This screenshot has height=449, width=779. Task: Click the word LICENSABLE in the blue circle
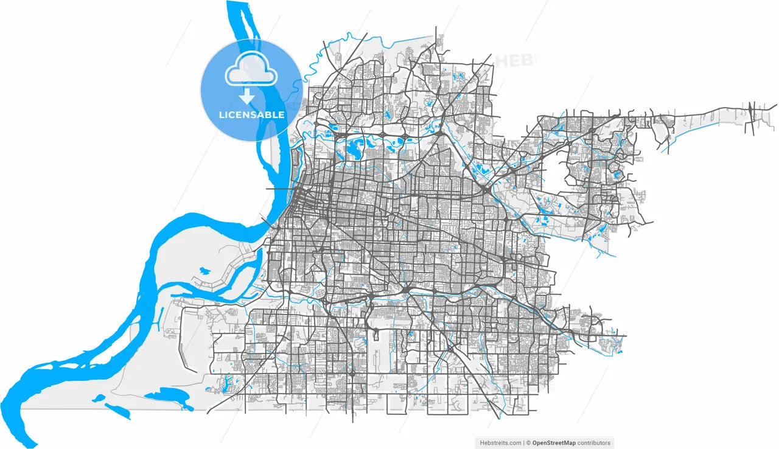tap(251, 114)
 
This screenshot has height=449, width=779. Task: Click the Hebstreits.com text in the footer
tap(499, 443)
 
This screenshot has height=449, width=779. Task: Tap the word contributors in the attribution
tap(592, 443)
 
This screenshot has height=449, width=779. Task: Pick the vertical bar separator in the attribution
tap(523, 443)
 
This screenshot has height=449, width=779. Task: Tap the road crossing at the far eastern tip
tap(755, 113)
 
